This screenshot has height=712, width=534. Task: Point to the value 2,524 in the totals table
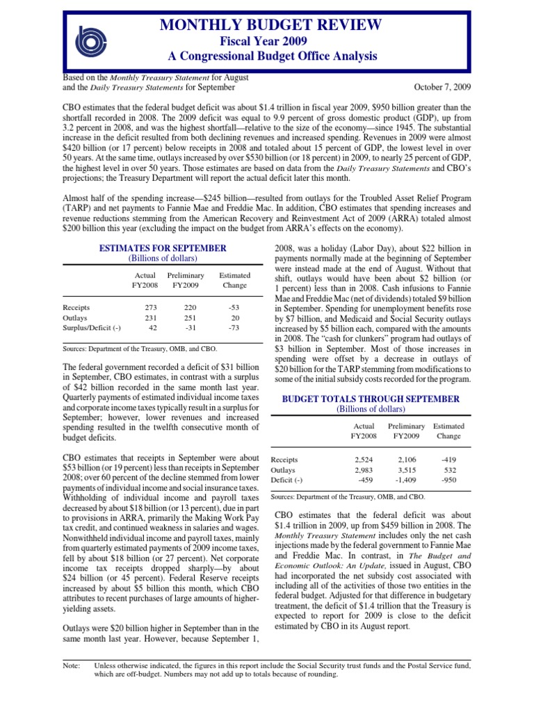364,460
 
